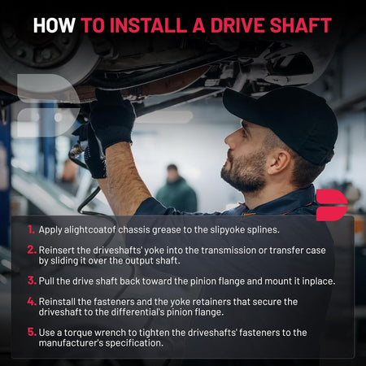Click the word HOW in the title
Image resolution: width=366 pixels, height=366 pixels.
(x=54, y=25)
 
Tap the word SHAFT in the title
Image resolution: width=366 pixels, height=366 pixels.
(x=301, y=25)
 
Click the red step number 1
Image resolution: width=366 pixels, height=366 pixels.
(x=31, y=229)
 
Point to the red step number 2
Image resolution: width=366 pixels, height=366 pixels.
(x=32, y=250)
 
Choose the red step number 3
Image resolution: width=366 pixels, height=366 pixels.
(x=32, y=281)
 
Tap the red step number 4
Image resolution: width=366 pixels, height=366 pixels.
(x=32, y=302)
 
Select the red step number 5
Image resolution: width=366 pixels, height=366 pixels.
(x=32, y=333)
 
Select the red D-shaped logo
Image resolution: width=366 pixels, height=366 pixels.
(x=331, y=205)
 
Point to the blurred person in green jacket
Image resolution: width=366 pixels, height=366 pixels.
(x=176, y=189)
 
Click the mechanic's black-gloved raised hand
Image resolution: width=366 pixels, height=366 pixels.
(x=111, y=116)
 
